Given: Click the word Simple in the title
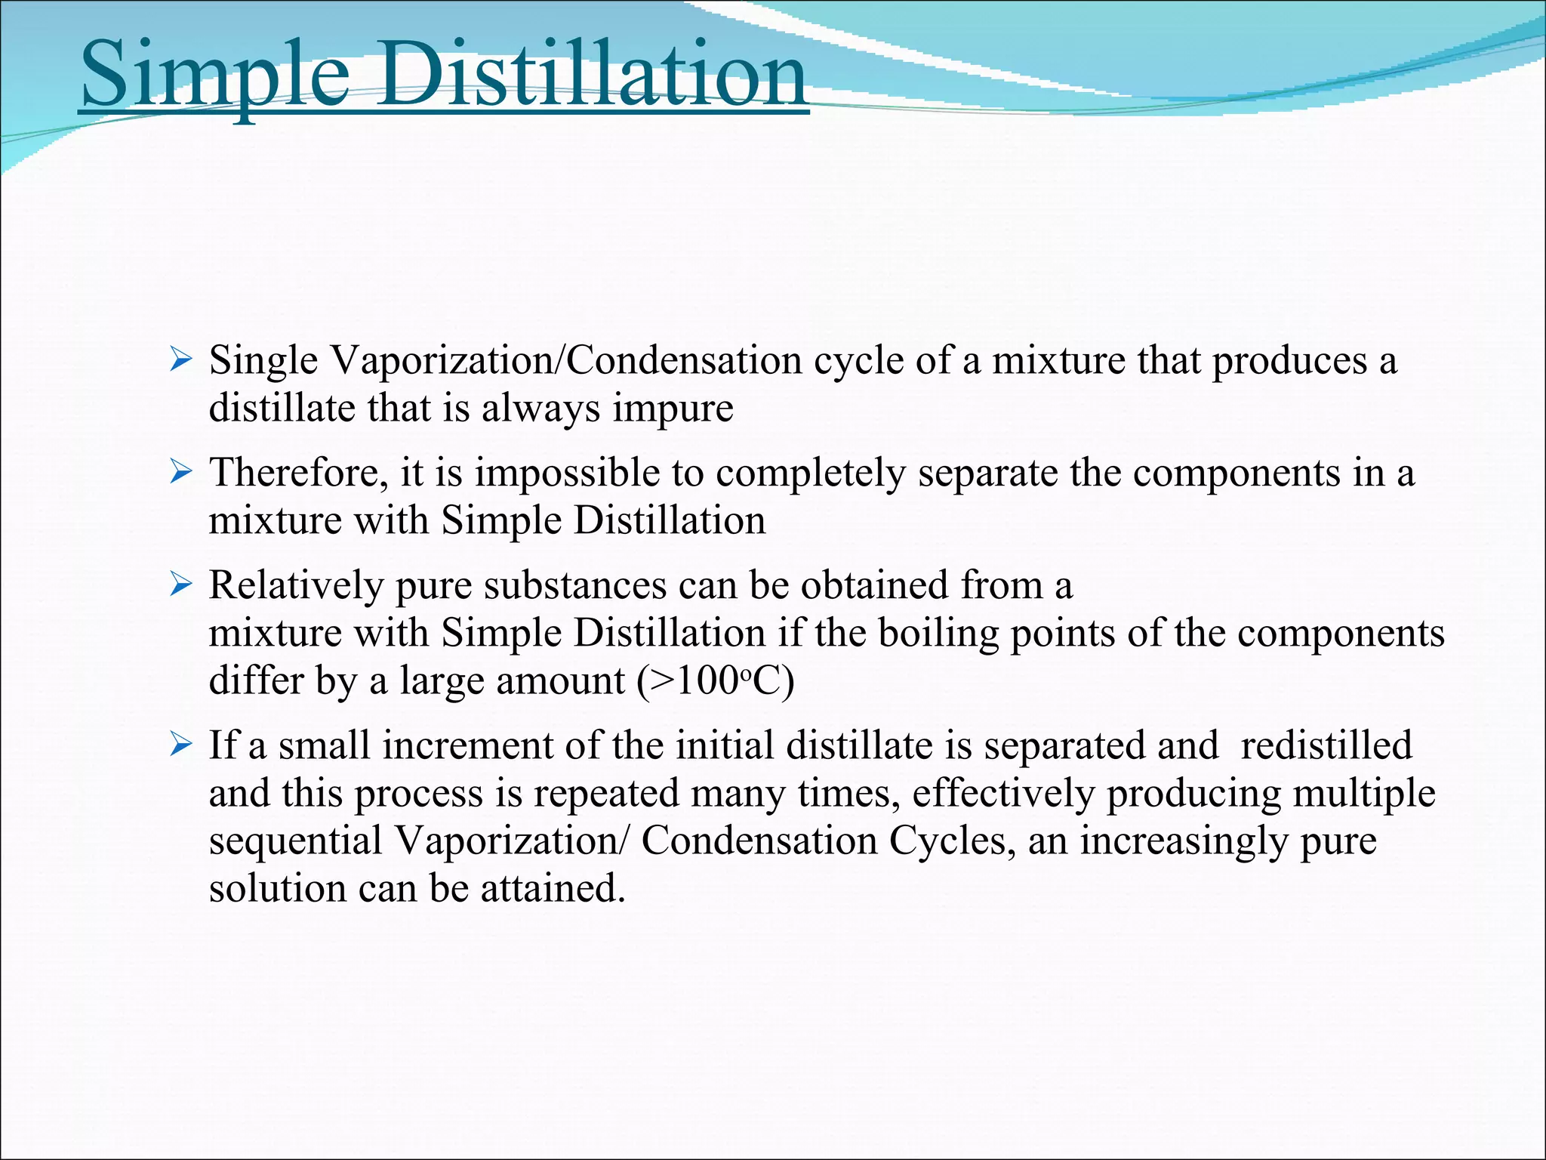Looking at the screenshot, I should coord(215,76).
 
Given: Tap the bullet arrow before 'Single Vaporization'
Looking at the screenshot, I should coord(182,359).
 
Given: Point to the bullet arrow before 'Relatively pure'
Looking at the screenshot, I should coord(182,585).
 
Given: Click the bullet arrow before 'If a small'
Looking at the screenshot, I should coord(182,745).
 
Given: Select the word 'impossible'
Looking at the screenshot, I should coord(567,474).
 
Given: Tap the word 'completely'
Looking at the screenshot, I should coord(811,474).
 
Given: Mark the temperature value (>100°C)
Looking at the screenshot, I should coord(716,680).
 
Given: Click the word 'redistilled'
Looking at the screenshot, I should coord(1326,745).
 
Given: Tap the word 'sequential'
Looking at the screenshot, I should coord(296,841).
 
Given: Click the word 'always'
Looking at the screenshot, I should coord(540,409).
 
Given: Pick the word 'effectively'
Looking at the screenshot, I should coord(1003,794).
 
